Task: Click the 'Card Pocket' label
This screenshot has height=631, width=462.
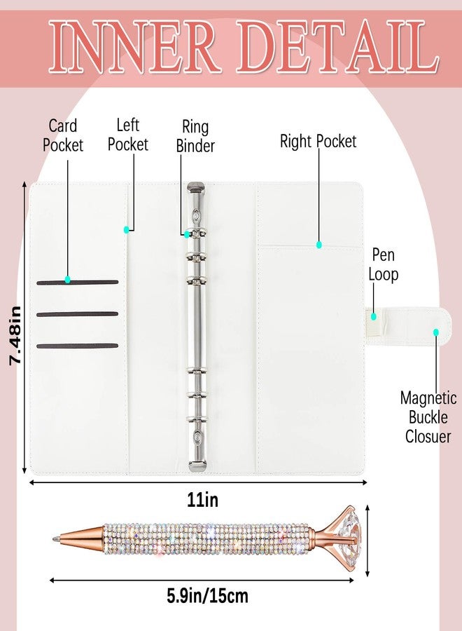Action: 63,135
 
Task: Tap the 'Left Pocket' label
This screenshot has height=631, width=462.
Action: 128,135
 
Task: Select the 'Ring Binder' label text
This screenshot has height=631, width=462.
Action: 195,137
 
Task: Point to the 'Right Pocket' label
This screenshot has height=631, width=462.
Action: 318,141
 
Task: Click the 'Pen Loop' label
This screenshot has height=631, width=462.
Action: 384,265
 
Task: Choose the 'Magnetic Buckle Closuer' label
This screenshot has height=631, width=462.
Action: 428,417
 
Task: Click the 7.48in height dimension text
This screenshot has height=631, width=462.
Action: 15,336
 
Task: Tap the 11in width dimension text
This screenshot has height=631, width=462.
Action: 203,500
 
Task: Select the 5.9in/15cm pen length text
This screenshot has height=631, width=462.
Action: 207,596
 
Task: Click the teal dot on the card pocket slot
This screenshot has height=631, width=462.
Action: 67,279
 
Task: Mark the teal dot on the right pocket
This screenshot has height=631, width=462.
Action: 318,244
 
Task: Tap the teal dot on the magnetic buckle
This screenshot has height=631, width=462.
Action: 436,332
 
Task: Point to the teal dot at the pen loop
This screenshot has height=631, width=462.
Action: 374,316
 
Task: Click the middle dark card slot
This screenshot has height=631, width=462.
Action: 77,314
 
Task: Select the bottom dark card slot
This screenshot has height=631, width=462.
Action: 77,346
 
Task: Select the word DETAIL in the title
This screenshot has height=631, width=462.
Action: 338,47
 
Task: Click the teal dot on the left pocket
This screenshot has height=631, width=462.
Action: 127,230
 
